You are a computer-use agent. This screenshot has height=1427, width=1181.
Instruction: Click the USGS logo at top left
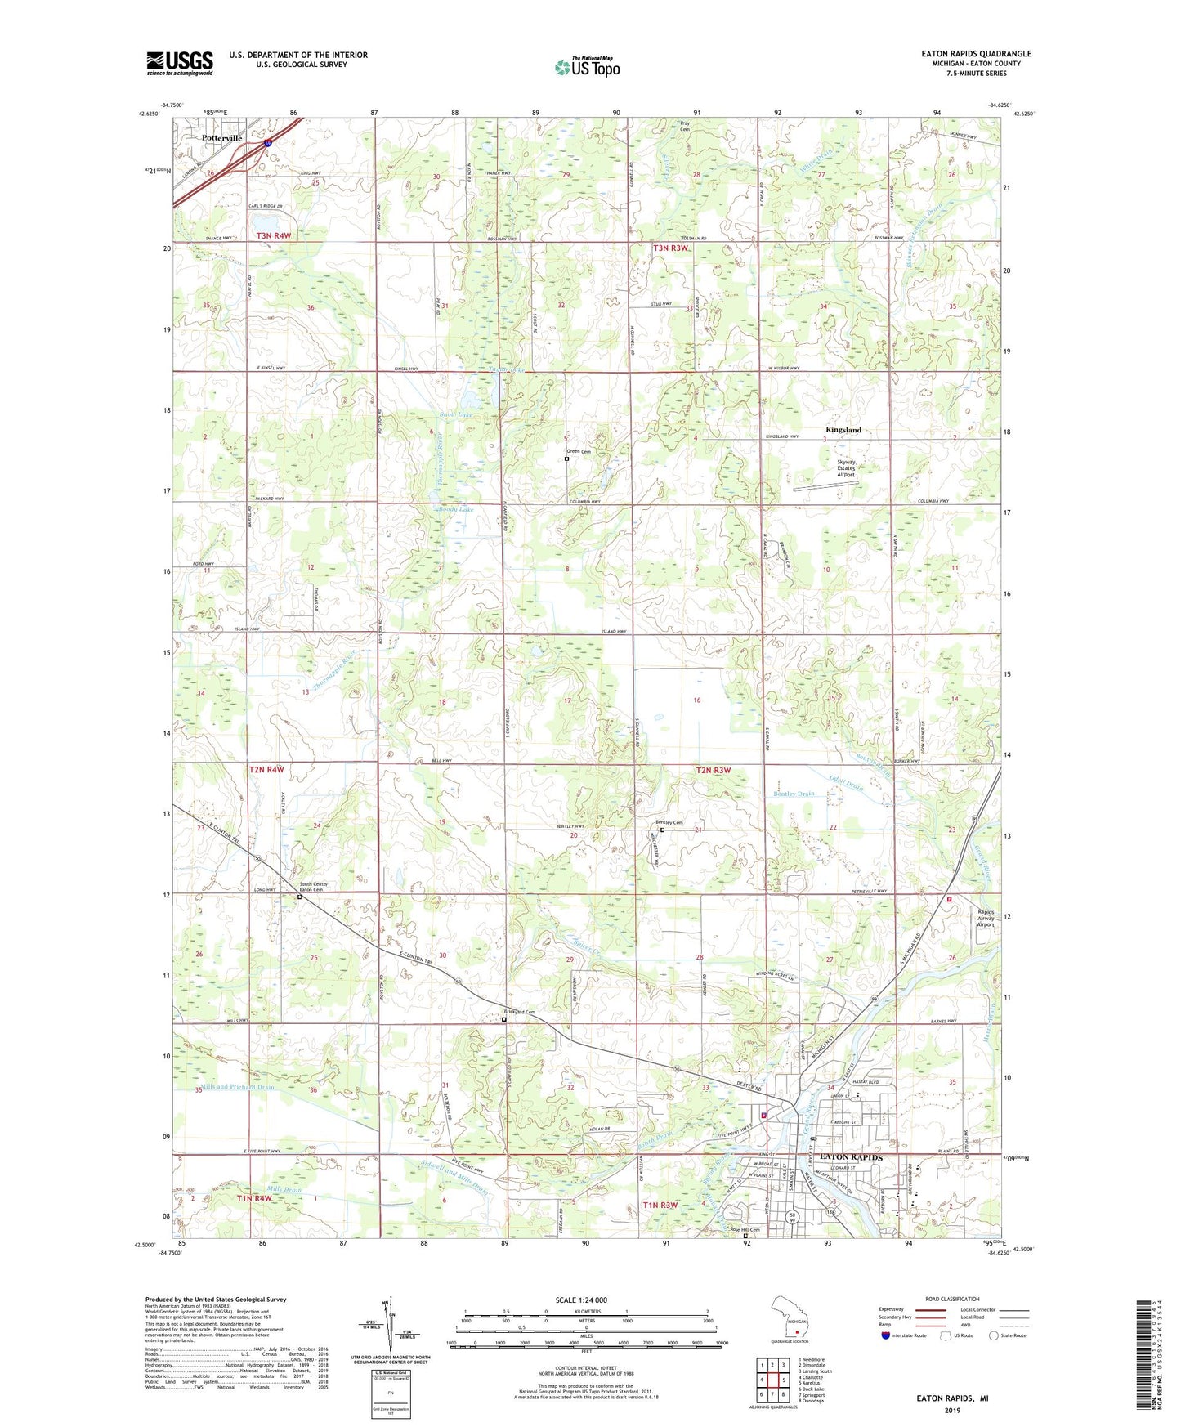179,63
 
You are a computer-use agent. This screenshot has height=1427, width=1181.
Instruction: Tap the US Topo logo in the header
586,67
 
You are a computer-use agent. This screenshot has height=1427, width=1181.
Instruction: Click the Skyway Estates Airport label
846,467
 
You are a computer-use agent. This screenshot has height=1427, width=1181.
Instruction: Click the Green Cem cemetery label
579,452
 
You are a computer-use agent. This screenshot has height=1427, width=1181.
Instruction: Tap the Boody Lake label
455,509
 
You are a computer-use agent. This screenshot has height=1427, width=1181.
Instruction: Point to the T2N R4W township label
266,769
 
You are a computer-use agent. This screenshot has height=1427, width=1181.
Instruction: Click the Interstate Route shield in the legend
886,1335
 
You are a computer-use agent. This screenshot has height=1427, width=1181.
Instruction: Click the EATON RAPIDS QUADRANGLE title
976,53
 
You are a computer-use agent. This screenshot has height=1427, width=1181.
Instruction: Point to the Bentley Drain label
794,794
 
